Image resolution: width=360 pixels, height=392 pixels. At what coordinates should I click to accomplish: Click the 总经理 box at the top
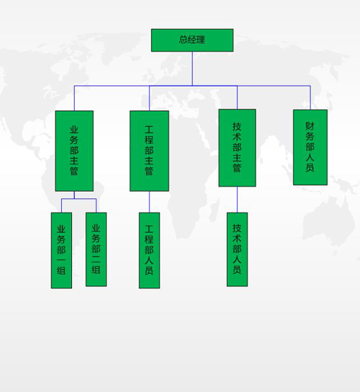point(192,40)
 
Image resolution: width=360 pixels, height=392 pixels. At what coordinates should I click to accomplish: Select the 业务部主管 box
point(74,151)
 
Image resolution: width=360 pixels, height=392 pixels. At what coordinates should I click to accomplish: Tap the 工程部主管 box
point(149,151)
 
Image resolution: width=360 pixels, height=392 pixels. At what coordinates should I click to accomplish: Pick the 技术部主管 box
point(237,148)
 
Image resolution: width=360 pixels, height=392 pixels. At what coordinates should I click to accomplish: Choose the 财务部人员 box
point(310,147)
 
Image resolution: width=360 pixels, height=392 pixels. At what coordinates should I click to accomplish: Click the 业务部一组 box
point(61,250)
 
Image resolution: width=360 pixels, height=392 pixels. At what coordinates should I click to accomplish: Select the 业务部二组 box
point(96,249)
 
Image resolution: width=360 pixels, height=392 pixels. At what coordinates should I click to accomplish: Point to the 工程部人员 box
point(149,250)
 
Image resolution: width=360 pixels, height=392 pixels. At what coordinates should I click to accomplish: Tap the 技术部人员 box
point(237,249)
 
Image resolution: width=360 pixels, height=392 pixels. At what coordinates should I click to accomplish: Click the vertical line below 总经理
point(192,68)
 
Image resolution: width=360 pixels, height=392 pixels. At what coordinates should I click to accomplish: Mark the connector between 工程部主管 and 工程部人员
point(149,202)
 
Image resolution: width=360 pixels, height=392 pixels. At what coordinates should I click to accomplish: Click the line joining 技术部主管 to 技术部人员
point(237,200)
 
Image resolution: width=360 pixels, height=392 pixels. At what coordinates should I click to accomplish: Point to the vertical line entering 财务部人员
point(310,98)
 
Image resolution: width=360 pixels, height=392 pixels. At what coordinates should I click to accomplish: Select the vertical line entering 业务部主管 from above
point(74,98)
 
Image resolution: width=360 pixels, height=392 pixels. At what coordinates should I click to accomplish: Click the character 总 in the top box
point(184,40)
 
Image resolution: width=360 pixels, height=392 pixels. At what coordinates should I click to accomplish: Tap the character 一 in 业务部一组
point(61,261)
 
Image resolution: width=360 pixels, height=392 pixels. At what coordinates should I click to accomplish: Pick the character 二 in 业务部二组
point(96,259)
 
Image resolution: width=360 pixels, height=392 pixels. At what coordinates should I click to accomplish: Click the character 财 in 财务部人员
point(310,126)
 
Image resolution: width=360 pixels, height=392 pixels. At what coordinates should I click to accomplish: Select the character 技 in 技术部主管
point(237,127)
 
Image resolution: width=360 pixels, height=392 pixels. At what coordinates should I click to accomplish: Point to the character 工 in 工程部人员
point(149,229)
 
